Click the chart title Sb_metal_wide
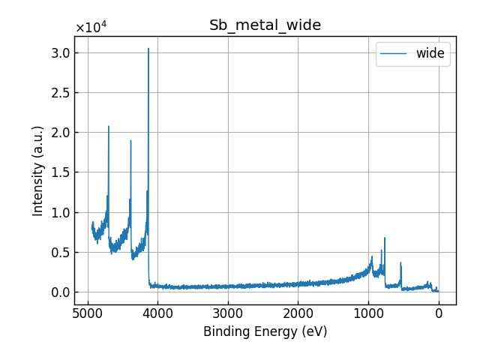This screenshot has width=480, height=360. (265, 25)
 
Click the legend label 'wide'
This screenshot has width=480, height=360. (430, 53)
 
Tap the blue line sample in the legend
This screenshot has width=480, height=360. (394, 53)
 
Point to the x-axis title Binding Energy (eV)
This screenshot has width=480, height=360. (265, 331)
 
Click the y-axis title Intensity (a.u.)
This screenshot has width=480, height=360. (38, 170)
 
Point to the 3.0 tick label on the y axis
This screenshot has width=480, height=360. (61, 52)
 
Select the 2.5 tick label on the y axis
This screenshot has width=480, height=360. (61, 92)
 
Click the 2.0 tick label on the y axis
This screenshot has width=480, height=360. (61, 133)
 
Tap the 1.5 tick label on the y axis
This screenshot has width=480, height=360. (61, 172)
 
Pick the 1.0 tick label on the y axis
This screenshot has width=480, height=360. (61, 212)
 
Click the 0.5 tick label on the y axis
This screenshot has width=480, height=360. (61, 252)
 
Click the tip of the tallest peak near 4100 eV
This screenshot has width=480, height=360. (148, 49)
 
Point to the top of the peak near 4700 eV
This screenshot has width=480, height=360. (109, 126)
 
